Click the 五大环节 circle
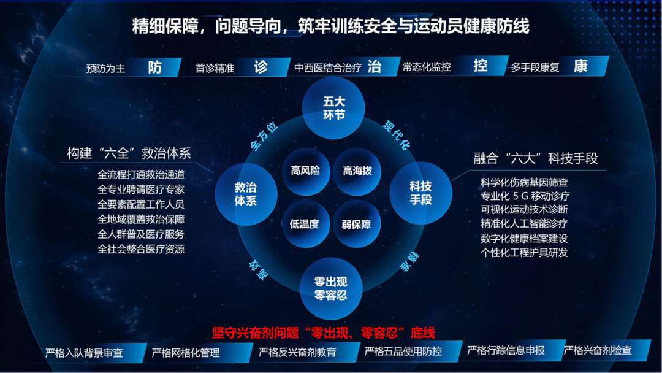click(333, 108)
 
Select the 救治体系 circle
click(246, 194)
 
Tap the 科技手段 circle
click(420, 193)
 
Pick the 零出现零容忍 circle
click(330, 288)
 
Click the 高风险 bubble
click(306, 171)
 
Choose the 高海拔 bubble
click(357, 171)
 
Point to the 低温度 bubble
click(305, 224)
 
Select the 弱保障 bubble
click(356, 225)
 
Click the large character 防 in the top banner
click(155, 67)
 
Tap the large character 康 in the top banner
click(581, 66)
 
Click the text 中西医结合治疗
click(328, 67)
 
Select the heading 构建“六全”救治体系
click(129, 153)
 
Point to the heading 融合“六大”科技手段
click(535, 158)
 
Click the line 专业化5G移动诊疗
click(525, 196)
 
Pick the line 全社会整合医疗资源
click(141, 249)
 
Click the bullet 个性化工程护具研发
click(524, 253)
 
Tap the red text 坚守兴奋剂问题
click(256, 333)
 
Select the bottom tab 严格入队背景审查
click(84, 353)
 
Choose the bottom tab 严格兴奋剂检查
click(598, 350)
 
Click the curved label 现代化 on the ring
click(396, 135)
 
